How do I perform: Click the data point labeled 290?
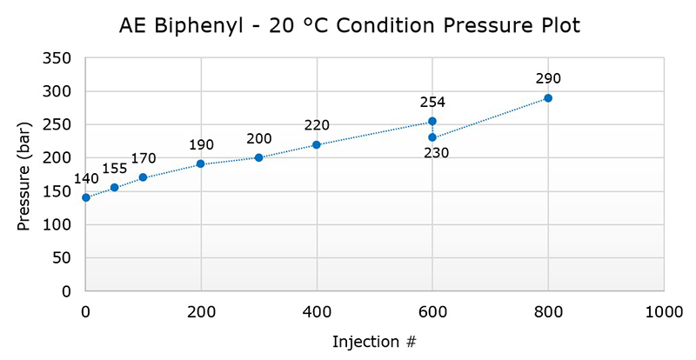coord(548,98)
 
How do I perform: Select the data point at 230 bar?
coord(432,137)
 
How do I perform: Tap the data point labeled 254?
coord(432,122)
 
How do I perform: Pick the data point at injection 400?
coord(317,144)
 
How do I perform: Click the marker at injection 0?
coord(85,197)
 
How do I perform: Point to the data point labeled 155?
coord(114,188)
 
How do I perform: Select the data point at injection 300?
coord(259,157)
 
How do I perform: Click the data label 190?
coord(201,145)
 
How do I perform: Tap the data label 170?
coord(144,158)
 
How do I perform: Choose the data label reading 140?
coord(86,179)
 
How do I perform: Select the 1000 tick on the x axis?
coord(664,310)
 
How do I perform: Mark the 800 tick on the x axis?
coord(548,310)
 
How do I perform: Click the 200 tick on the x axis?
coord(201,310)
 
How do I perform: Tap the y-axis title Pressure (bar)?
coord(24,174)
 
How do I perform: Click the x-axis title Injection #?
coord(374,342)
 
